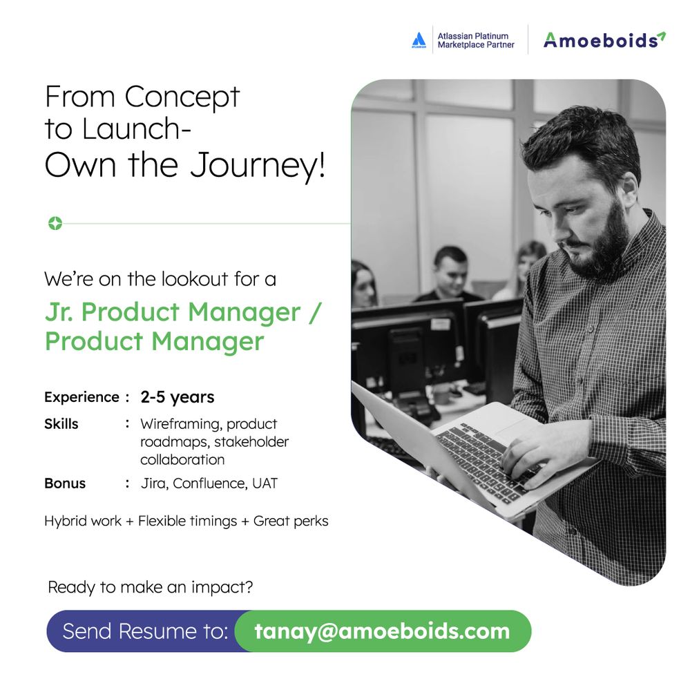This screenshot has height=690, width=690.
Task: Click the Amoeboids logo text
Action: click(x=600, y=40)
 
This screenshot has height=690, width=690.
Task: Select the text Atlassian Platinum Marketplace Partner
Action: click(x=475, y=40)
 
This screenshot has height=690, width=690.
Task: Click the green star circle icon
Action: click(x=55, y=223)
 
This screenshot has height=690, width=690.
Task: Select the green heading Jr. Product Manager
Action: click(x=173, y=312)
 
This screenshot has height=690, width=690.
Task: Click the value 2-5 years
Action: click(x=177, y=397)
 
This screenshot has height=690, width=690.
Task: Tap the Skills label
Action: click(x=61, y=423)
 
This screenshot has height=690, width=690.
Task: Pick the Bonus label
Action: click(x=65, y=483)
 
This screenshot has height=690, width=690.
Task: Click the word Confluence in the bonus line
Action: click(x=209, y=483)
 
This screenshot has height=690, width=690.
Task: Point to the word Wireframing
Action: click(x=180, y=423)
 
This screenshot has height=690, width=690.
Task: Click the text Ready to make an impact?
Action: click(x=150, y=588)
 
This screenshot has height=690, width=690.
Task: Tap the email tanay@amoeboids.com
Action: click(x=382, y=631)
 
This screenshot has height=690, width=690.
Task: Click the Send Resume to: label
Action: click(x=145, y=631)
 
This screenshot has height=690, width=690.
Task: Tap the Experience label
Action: click(x=82, y=397)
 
